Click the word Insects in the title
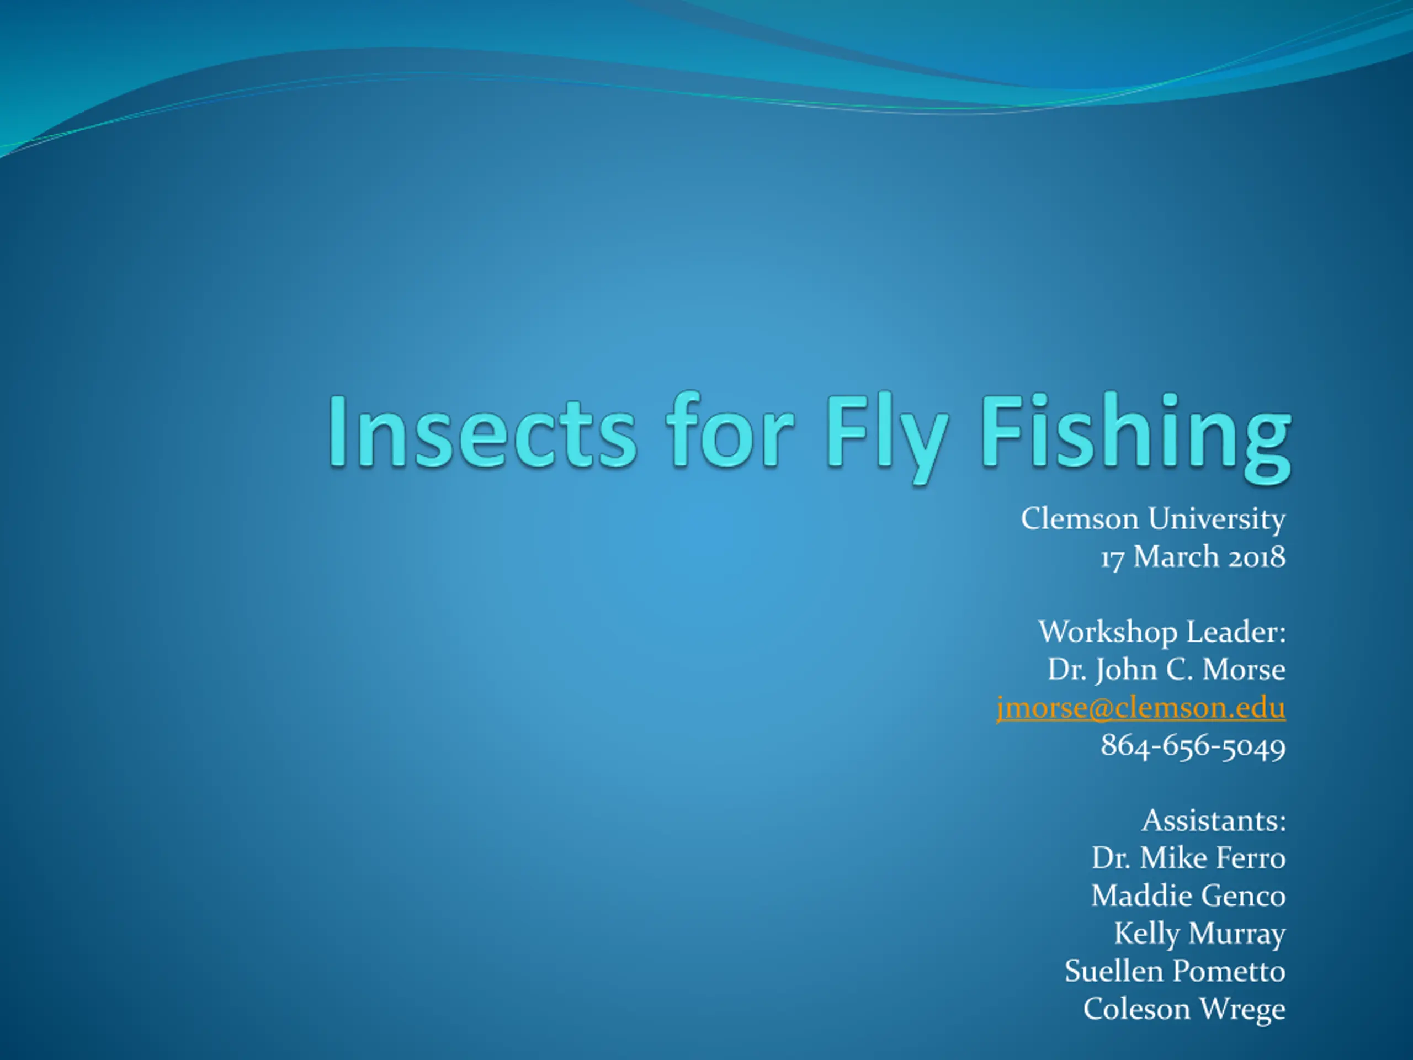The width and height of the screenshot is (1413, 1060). (483, 430)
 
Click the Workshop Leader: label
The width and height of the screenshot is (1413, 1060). (1162, 633)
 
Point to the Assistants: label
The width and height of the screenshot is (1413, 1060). (1214, 821)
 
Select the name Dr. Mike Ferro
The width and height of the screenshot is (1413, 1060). (1188, 858)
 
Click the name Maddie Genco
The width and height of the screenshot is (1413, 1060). (1188, 897)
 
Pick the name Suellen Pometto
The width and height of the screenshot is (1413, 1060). (1175, 972)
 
